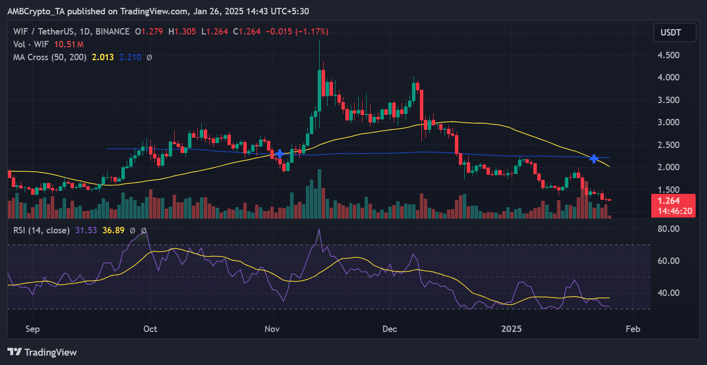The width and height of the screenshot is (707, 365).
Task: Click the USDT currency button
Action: click(x=674, y=33)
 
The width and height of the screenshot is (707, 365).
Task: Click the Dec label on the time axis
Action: click(x=390, y=328)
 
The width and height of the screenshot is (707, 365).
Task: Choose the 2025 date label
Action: click(x=511, y=328)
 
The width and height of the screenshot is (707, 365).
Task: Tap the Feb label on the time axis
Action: click(x=633, y=328)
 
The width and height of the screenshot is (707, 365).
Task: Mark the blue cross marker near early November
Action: click(x=280, y=154)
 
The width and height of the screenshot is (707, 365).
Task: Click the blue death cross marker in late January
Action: click(x=595, y=159)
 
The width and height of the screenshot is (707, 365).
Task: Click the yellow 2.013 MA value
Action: click(x=103, y=57)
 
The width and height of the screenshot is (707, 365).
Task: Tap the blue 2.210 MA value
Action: click(x=130, y=57)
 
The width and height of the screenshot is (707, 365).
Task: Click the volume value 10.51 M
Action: click(x=69, y=44)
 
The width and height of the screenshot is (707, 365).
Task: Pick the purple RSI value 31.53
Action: click(x=86, y=230)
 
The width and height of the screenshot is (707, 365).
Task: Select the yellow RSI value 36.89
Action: click(x=113, y=230)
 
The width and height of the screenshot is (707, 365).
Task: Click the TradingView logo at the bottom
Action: click(x=42, y=352)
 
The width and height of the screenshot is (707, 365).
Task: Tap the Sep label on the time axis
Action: click(x=33, y=328)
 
